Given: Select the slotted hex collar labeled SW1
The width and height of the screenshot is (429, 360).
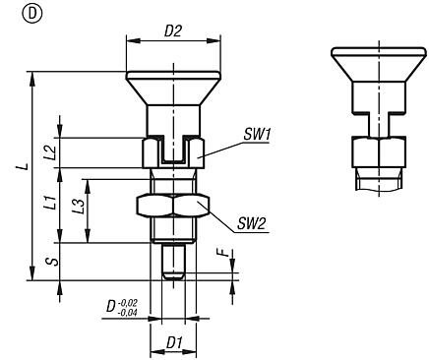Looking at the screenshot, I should [173, 152].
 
